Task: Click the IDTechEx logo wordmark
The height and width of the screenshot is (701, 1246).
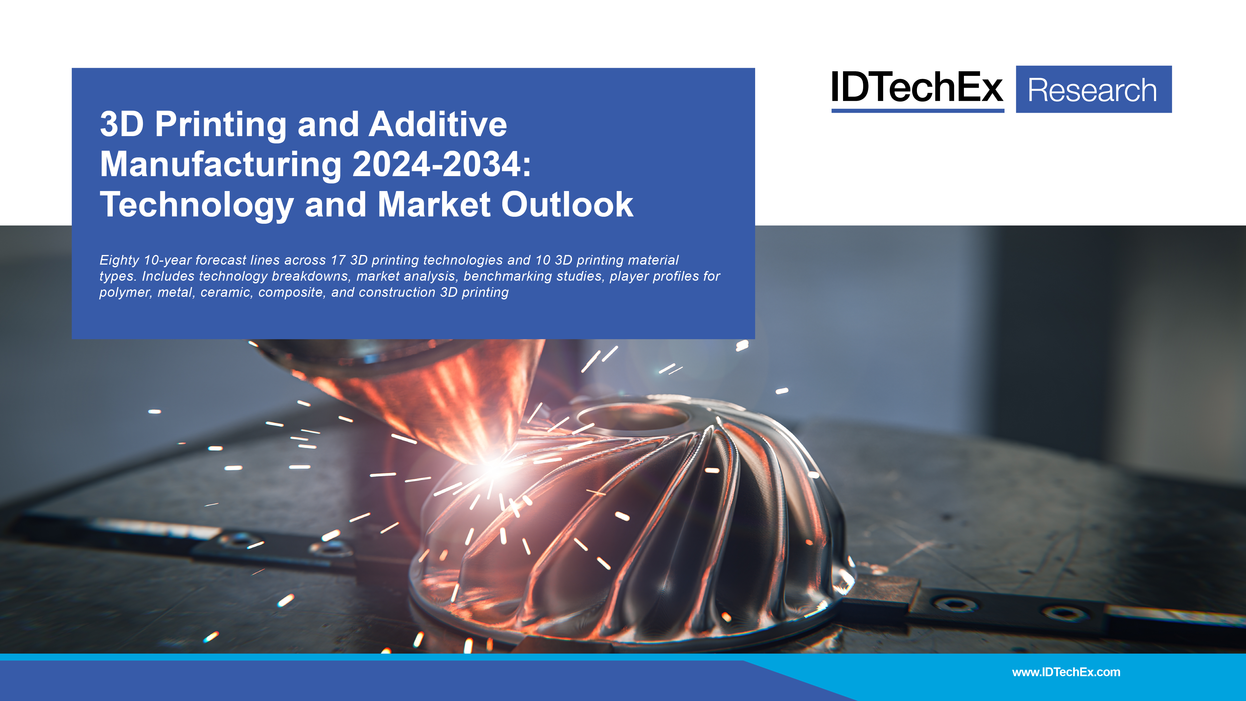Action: (917, 87)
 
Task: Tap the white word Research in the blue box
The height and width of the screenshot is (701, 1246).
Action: (1092, 91)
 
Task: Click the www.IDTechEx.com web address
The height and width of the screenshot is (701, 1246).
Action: (1066, 672)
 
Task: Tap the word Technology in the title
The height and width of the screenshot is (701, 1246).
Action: (197, 205)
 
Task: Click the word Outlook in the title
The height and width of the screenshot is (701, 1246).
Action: (567, 205)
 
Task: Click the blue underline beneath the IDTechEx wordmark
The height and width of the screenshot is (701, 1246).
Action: (917, 111)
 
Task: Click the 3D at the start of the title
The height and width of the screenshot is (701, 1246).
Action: (121, 124)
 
